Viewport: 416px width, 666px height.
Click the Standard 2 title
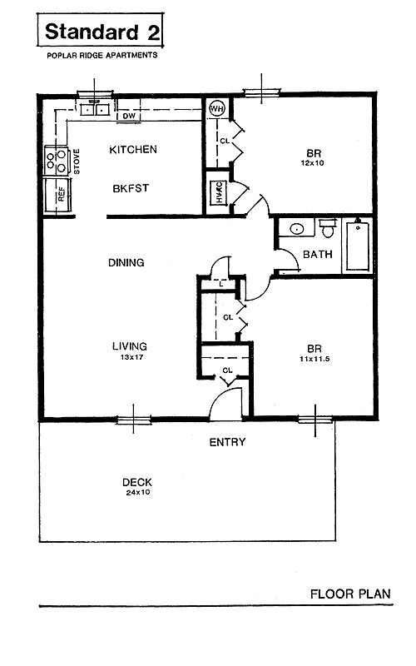(x=102, y=32)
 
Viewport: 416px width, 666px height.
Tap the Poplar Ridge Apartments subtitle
(x=102, y=55)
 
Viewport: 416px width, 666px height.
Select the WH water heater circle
(x=217, y=109)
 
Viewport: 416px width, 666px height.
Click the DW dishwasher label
(x=129, y=116)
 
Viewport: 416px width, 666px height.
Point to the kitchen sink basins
(x=95, y=109)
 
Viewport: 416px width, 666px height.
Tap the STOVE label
(x=77, y=162)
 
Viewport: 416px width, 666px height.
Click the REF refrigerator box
(x=58, y=195)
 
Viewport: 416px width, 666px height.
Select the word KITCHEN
(x=133, y=150)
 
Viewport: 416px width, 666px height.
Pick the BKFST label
(x=131, y=188)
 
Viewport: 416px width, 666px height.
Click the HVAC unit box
(x=218, y=192)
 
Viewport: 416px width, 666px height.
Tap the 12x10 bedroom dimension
(x=313, y=163)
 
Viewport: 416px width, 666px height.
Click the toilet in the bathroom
(x=328, y=228)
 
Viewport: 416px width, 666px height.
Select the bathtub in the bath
(x=358, y=245)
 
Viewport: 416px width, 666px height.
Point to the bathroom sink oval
(x=297, y=228)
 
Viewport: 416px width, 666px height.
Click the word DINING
(x=126, y=262)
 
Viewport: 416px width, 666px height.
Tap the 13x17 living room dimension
(x=131, y=357)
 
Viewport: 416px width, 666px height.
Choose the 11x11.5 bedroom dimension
(x=314, y=359)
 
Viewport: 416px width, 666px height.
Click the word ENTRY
(x=227, y=442)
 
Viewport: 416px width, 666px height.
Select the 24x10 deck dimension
(x=137, y=493)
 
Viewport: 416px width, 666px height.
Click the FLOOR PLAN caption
(x=350, y=594)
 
